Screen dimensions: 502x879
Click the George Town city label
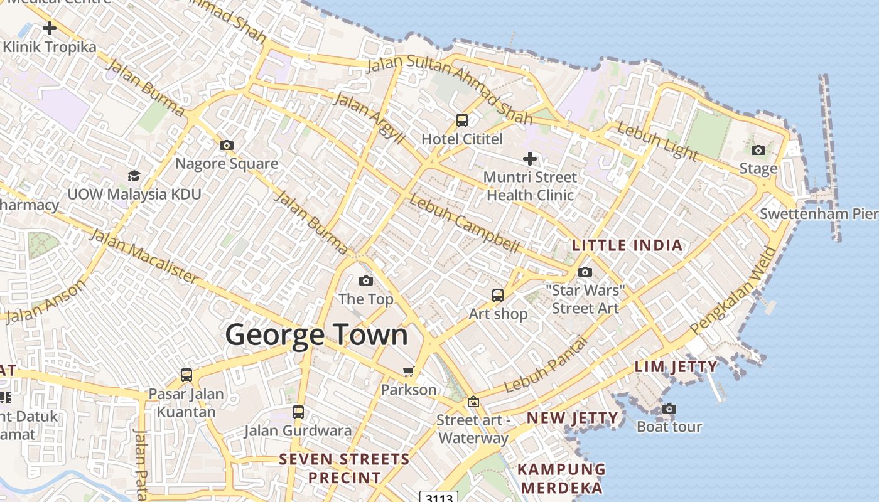click(316, 334)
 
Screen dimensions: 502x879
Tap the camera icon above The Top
click(366, 280)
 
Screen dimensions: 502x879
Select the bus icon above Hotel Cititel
click(462, 120)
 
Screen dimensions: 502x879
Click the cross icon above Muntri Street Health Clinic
click(530, 159)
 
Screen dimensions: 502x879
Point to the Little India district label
click(627, 245)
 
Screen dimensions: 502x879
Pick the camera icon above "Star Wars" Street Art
click(585, 272)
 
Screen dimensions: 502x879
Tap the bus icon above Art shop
click(498, 294)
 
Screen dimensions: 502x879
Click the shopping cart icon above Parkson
click(409, 371)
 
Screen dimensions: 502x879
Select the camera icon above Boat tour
click(669, 409)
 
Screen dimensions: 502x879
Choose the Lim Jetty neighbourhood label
click(676, 366)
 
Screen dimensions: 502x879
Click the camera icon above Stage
click(758, 150)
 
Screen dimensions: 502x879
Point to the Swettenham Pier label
click(819, 214)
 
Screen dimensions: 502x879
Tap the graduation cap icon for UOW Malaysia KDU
click(134, 176)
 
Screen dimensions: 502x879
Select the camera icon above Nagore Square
click(227, 145)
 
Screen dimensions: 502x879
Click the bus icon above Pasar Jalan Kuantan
click(186, 375)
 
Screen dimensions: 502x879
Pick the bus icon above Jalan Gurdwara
click(298, 412)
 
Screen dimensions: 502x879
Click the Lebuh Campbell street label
click(464, 223)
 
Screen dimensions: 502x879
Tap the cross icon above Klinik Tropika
click(50, 28)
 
